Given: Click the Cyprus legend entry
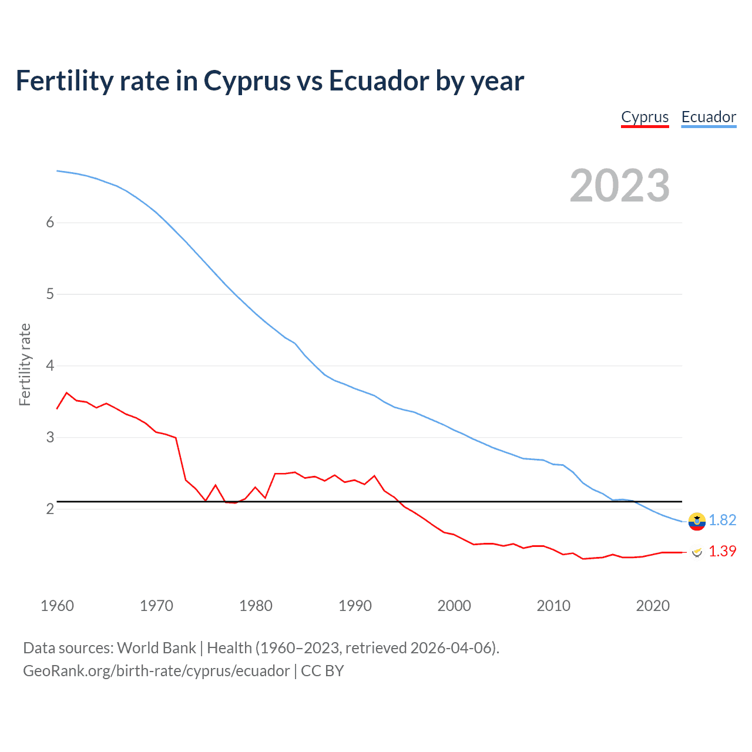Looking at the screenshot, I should [x=644, y=117].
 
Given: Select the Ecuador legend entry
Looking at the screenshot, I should [x=709, y=117].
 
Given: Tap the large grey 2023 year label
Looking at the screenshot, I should [x=619, y=186].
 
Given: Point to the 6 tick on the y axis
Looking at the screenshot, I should [x=50, y=222].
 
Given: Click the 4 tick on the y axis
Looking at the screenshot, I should [x=50, y=365].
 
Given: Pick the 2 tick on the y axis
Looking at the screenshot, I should [x=50, y=509].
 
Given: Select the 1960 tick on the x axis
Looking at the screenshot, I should [x=57, y=606].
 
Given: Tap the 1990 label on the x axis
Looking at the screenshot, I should [x=355, y=606].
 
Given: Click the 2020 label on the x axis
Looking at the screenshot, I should [x=653, y=606].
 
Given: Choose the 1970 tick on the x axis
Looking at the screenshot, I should [x=156, y=606].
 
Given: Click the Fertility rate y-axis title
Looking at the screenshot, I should [x=25, y=364].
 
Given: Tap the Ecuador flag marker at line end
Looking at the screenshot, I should [x=697, y=521].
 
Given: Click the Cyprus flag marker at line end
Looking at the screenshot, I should [x=697, y=552].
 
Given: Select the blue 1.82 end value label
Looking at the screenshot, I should [x=722, y=520].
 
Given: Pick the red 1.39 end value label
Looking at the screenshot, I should [x=722, y=551].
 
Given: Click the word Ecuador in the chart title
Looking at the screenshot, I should [x=378, y=81].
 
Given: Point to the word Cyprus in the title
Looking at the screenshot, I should [x=247, y=81].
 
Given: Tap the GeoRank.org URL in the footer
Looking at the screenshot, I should [x=156, y=671].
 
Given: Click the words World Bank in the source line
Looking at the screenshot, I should [x=156, y=648].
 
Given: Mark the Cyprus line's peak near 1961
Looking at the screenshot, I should [x=66, y=392].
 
